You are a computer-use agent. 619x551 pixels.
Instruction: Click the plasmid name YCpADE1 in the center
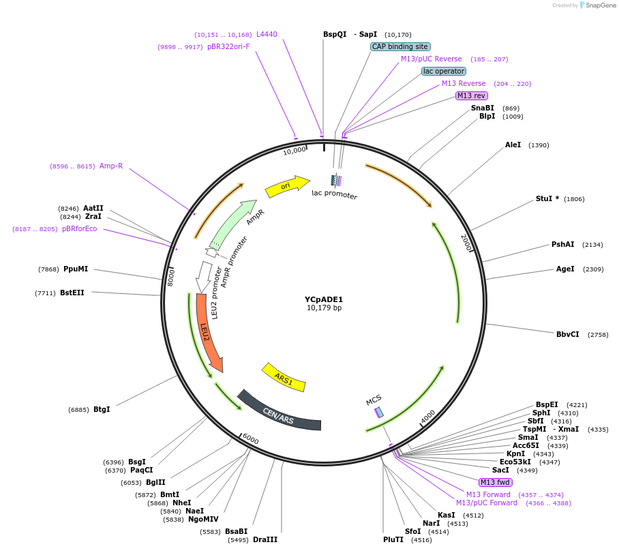[324, 299]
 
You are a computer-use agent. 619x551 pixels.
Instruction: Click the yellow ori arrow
[286, 186]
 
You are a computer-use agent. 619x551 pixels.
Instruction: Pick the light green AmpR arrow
[235, 224]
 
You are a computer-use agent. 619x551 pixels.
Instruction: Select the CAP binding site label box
[400, 47]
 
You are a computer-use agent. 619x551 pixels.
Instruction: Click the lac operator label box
[444, 71]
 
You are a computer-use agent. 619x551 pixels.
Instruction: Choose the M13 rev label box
[472, 95]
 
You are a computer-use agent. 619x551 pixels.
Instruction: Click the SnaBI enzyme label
[483, 108]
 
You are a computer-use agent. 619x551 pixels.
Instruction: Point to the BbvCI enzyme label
[568, 334]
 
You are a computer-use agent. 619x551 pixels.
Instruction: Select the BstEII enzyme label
[72, 293]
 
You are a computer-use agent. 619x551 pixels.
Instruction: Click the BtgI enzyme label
[102, 409]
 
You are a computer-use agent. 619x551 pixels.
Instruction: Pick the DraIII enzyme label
[265, 539]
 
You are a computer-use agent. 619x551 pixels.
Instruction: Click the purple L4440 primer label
[267, 34]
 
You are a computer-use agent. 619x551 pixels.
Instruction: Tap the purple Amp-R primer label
[111, 166]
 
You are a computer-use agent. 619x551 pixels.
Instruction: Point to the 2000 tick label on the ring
[466, 243]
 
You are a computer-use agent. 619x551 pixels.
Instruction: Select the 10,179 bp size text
[324, 308]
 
